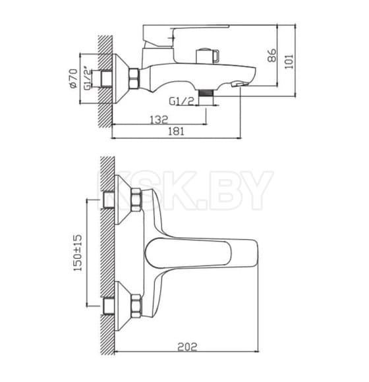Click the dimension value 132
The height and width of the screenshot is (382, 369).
tap(159, 120)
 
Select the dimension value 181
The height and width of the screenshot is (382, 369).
tap(176, 131)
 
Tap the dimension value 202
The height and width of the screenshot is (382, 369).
tap(187, 346)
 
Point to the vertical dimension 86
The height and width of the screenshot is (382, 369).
tap(272, 55)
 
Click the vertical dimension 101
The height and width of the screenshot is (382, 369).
tap(289, 61)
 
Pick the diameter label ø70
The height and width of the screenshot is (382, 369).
tap(73, 78)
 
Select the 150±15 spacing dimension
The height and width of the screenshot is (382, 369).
tap(78, 253)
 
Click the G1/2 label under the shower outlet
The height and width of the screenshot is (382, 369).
tap(182, 101)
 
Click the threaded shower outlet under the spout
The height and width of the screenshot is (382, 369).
tap(206, 93)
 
